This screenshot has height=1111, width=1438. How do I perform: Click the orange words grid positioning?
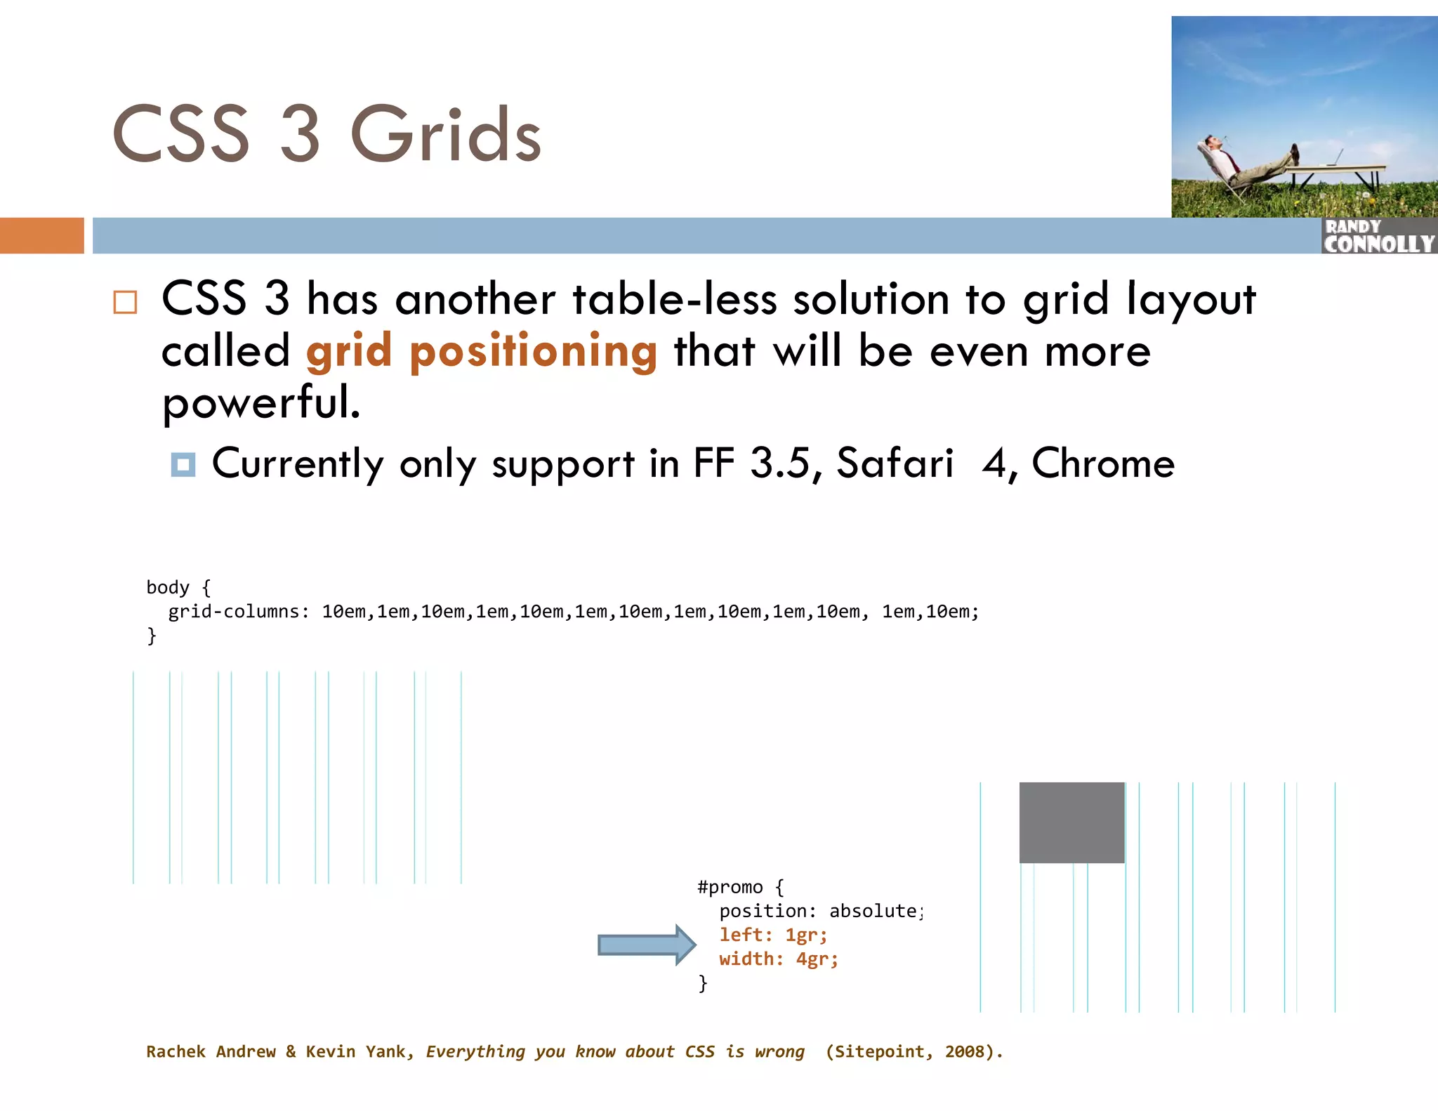click(482, 351)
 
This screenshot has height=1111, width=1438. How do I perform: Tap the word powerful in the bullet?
click(260, 403)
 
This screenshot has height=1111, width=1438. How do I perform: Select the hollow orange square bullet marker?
click(125, 302)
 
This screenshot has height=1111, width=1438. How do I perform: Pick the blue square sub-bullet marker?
click(183, 464)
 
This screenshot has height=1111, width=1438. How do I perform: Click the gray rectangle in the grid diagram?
click(1071, 822)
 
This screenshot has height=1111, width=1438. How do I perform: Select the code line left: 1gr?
click(773, 935)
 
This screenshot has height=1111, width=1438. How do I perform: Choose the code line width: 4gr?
click(778, 959)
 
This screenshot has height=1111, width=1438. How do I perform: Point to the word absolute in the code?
click(873, 911)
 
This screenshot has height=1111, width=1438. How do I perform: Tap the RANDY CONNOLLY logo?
click(1378, 236)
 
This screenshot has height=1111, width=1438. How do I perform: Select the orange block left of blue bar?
click(41, 235)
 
